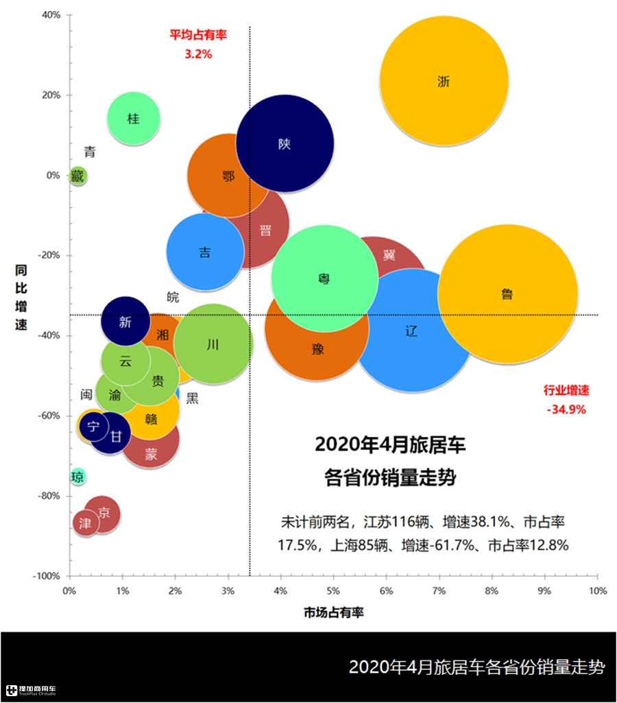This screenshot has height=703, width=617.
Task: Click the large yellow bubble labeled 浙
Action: point(444,80)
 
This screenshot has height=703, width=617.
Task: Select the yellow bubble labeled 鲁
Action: point(507,295)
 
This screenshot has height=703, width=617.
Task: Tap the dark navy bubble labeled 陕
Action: point(285,144)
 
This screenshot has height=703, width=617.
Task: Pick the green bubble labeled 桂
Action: point(133,119)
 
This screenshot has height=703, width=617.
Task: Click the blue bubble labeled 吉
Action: point(205,252)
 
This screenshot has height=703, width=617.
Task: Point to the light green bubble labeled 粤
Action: point(324,278)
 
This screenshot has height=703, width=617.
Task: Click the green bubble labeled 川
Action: point(213,344)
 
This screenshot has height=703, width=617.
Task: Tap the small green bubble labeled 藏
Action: point(77,176)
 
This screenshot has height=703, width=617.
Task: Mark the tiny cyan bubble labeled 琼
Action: point(77,477)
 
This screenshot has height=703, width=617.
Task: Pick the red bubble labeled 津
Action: point(85,523)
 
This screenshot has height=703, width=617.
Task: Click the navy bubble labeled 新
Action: point(125,321)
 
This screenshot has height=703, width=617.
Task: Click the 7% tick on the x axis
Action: point(438,591)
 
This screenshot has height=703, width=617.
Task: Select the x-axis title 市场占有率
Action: point(333,612)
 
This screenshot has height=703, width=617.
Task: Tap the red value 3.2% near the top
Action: point(198,53)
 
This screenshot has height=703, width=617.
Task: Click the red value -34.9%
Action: point(566,409)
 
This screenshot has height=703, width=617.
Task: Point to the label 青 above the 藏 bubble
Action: point(90,152)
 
